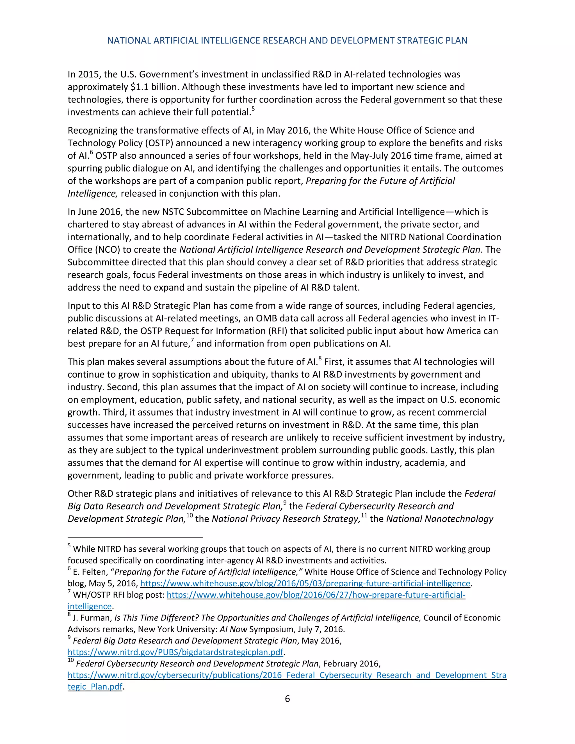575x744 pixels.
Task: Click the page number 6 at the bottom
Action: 287,699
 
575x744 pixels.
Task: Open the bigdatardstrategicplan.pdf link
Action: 175,652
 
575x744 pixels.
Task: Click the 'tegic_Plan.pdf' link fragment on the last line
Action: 95,686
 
